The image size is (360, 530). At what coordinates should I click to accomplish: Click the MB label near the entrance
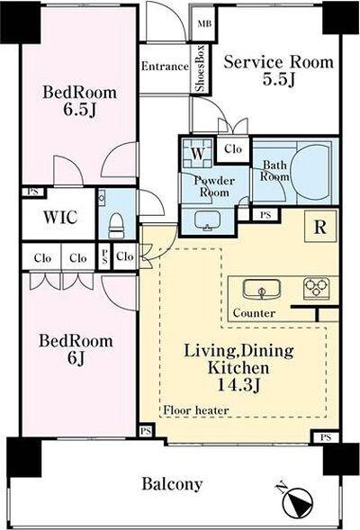click(x=204, y=23)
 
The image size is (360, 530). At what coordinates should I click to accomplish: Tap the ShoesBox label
click(x=201, y=68)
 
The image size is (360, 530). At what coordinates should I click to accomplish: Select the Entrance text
click(x=165, y=66)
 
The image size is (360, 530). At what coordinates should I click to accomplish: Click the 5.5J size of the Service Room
click(x=279, y=79)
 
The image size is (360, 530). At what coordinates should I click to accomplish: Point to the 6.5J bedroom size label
click(x=80, y=110)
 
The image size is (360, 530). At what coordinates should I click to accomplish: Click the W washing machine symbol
click(x=198, y=154)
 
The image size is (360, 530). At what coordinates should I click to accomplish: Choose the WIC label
click(x=60, y=217)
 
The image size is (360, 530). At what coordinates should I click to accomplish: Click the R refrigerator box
click(x=320, y=227)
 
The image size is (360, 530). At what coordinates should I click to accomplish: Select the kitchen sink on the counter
click(x=261, y=290)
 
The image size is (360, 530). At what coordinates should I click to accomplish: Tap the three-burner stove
click(x=317, y=288)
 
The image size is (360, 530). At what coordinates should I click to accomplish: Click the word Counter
click(x=254, y=313)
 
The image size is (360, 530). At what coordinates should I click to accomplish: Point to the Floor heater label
click(x=196, y=410)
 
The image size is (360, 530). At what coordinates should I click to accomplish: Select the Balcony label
click(x=172, y=484)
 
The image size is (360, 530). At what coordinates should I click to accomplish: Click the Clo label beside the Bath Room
click(x=233, y=148)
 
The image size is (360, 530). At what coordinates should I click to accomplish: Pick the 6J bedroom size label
click(x=76, y=358)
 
